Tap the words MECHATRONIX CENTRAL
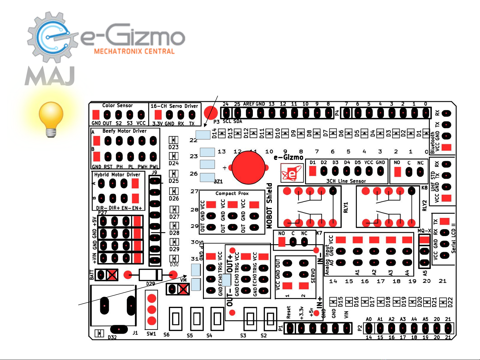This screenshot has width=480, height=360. [x=134, y=51]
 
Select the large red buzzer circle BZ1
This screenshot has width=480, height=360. [x=248, y=167]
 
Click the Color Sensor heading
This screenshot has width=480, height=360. [x=118, y=105]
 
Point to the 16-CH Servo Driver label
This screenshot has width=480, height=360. [x=174, y=106]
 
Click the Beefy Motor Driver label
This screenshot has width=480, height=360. [x=124, y=131]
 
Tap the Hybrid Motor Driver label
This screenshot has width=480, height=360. [x=117, y=175]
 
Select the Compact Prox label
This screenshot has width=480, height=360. [x=232, y=193]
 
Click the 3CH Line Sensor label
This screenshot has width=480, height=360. [x=346, y=181]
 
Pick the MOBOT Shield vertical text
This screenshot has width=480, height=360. [x=269, y=206]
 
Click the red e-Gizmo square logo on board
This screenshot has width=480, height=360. [x=292, y=173]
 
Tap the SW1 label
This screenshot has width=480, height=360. [x=151, y=334]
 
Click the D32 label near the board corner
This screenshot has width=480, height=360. [x=112, y=337]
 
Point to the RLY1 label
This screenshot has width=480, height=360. [x=346, y=208]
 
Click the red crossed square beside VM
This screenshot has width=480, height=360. [x=183, y=290]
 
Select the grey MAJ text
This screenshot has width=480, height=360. [x=50, y=76]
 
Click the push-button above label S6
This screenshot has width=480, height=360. [x=176, y=319]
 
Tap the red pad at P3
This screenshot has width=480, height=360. [x=211, y=113]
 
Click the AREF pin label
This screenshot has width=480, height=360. [x=249, y=104]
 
